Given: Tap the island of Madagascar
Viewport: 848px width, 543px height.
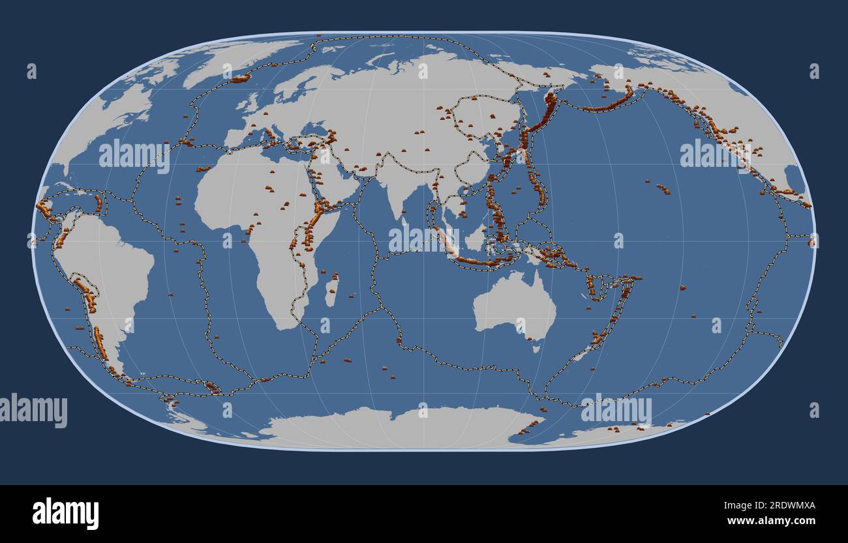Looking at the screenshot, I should (x=331, y=291).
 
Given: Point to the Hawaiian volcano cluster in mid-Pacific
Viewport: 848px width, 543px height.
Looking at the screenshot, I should (x=662, y=188).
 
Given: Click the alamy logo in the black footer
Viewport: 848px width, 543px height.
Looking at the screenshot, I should (x=65, y=513).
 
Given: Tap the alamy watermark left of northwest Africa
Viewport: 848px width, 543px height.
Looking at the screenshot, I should (x=134, y=156).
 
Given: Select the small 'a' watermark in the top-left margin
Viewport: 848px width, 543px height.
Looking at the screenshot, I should (x=31, y=71).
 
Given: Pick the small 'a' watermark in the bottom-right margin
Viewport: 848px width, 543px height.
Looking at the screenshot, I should (x=813, y=410).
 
